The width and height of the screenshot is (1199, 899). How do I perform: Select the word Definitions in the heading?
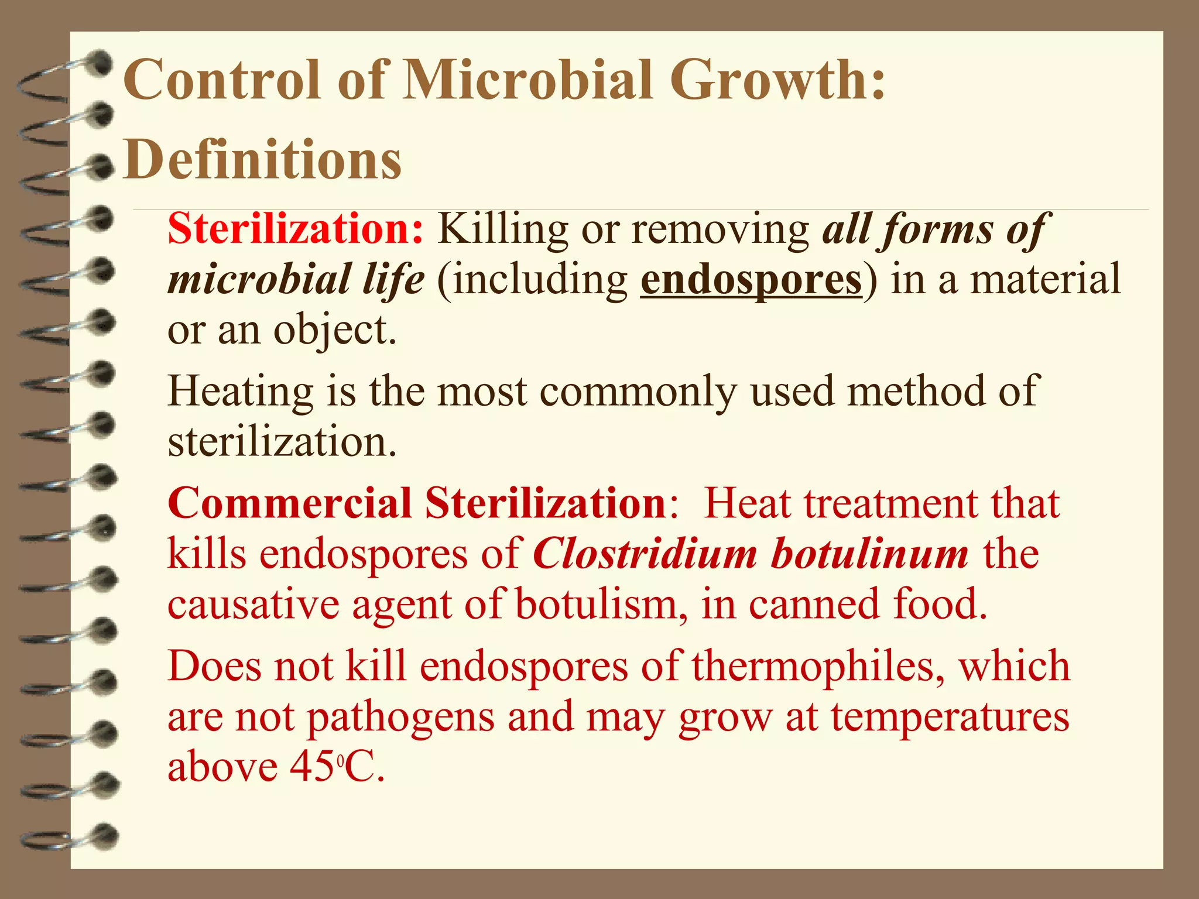coord(263,159)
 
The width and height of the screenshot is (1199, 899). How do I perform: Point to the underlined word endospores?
coord(751,280)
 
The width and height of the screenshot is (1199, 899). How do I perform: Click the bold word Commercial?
coord(290,503)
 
